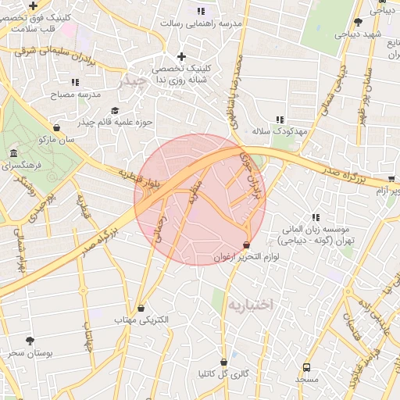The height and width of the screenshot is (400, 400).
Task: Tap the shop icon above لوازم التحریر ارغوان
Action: point(248,245)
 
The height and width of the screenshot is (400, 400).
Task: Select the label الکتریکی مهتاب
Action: point(137,320)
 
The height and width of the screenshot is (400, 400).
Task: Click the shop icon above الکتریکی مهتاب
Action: point(141,309)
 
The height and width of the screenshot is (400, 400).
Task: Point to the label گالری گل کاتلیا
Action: point(223,373)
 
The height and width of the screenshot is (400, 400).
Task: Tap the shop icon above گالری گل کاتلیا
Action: point(224,362)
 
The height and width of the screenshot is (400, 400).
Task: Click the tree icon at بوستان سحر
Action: point(30,341)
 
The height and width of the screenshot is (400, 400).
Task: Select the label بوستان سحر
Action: point(31,353)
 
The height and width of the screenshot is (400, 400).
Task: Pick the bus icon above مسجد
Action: point(306,366)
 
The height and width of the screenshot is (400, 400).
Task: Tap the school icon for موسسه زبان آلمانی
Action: point(316,217)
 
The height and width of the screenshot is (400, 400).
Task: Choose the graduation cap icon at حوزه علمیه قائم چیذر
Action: point(116,111)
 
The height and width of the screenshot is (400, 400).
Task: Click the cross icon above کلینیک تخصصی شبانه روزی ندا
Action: point(182,56)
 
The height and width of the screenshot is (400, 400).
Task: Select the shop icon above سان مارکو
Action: point(56,128)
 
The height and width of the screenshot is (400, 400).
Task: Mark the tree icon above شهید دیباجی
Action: point(358,22)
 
